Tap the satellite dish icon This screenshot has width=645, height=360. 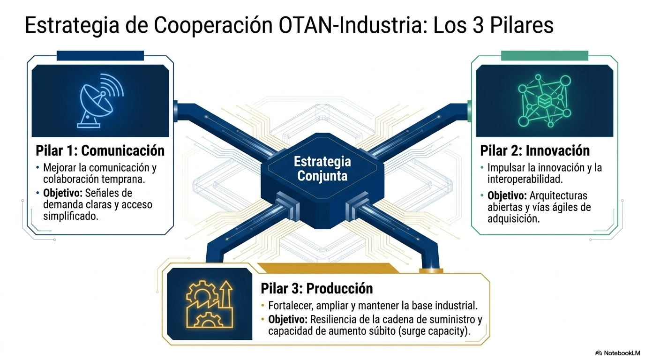click(x=100, y=100)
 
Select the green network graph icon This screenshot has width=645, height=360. click(x=544, y=100)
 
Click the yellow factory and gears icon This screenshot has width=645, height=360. click(x=210, y=304)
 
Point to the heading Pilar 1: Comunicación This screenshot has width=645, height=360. click(x=100, y=150)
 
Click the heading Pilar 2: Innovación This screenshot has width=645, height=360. click(x=535, y=150)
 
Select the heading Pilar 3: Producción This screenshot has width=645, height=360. click(x=317, y=288)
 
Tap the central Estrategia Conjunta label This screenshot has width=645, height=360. click(x=322, y=169)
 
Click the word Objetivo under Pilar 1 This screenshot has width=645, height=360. click(x=63, y=193)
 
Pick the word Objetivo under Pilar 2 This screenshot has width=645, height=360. click(x=507, y=196)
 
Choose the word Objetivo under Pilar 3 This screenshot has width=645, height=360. click(x=288, y=320)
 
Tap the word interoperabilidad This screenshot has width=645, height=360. click(x=525, y=179)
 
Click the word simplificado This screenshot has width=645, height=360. click(x=71, y=216)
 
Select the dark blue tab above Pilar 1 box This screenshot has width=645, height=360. click(x=100, y=56)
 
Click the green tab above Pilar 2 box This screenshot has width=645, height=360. click(x=545, y=56)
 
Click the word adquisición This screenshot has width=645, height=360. click(x=513, y=219)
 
